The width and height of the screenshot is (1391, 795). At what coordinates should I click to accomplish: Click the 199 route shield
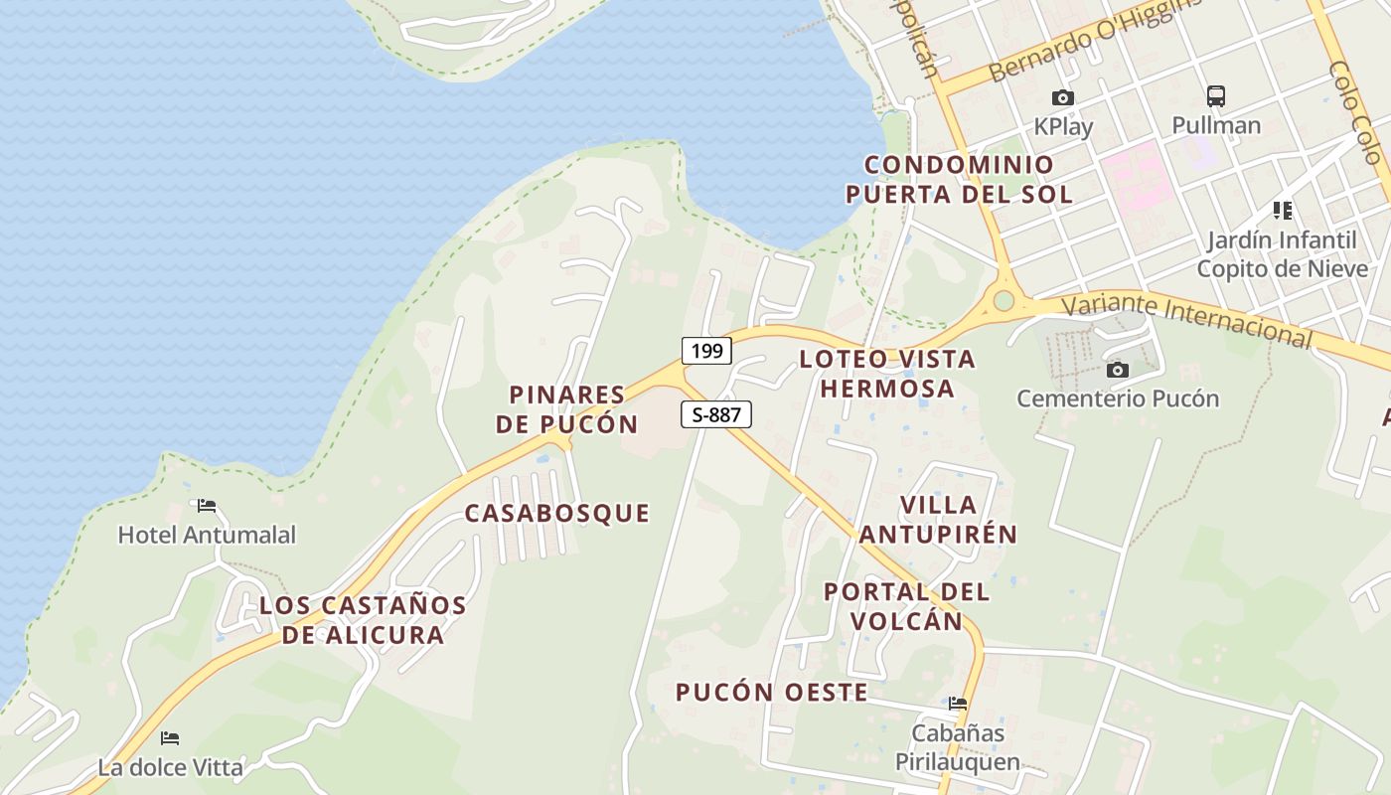tap(706, 351)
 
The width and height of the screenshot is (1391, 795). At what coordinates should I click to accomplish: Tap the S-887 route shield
tap(715, 414)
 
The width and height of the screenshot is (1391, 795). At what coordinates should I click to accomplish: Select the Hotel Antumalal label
tap(207, 535)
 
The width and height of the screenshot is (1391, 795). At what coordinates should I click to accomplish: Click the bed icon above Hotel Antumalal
tap(207, 506)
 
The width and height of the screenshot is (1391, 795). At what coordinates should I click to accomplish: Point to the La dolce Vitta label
tap(170, 767)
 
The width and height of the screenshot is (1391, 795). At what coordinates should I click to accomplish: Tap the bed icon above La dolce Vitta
tap(170, 738)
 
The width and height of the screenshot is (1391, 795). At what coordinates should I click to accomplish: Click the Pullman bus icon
tap(1216, 96)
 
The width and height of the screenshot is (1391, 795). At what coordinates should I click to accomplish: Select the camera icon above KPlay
tap(1063, 97)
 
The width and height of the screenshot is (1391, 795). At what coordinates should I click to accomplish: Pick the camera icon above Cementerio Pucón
tap(1118, 371)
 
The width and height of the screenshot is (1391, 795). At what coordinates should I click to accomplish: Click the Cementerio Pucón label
tap(1118, 398)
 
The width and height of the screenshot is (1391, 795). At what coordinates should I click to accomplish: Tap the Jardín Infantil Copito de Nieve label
tap(1282, 254)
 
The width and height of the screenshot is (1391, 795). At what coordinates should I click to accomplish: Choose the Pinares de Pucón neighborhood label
tap(567, 409)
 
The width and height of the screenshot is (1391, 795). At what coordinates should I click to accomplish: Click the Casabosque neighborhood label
tap(557, 514)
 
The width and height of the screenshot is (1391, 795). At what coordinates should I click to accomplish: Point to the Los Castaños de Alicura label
tap(363, 620)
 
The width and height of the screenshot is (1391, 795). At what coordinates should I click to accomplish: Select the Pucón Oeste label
tap(772, 693)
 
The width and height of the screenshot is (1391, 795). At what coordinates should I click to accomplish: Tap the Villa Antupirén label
tap(938, 520)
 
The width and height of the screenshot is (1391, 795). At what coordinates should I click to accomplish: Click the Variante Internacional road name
tap(1187, 320)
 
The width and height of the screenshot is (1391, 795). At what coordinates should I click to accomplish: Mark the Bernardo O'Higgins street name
tap(1093, 42)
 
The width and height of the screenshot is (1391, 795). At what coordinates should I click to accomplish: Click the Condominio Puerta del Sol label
tap(959, 180)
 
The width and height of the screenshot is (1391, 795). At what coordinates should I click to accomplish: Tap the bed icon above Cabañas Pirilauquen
tap(958, 704)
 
